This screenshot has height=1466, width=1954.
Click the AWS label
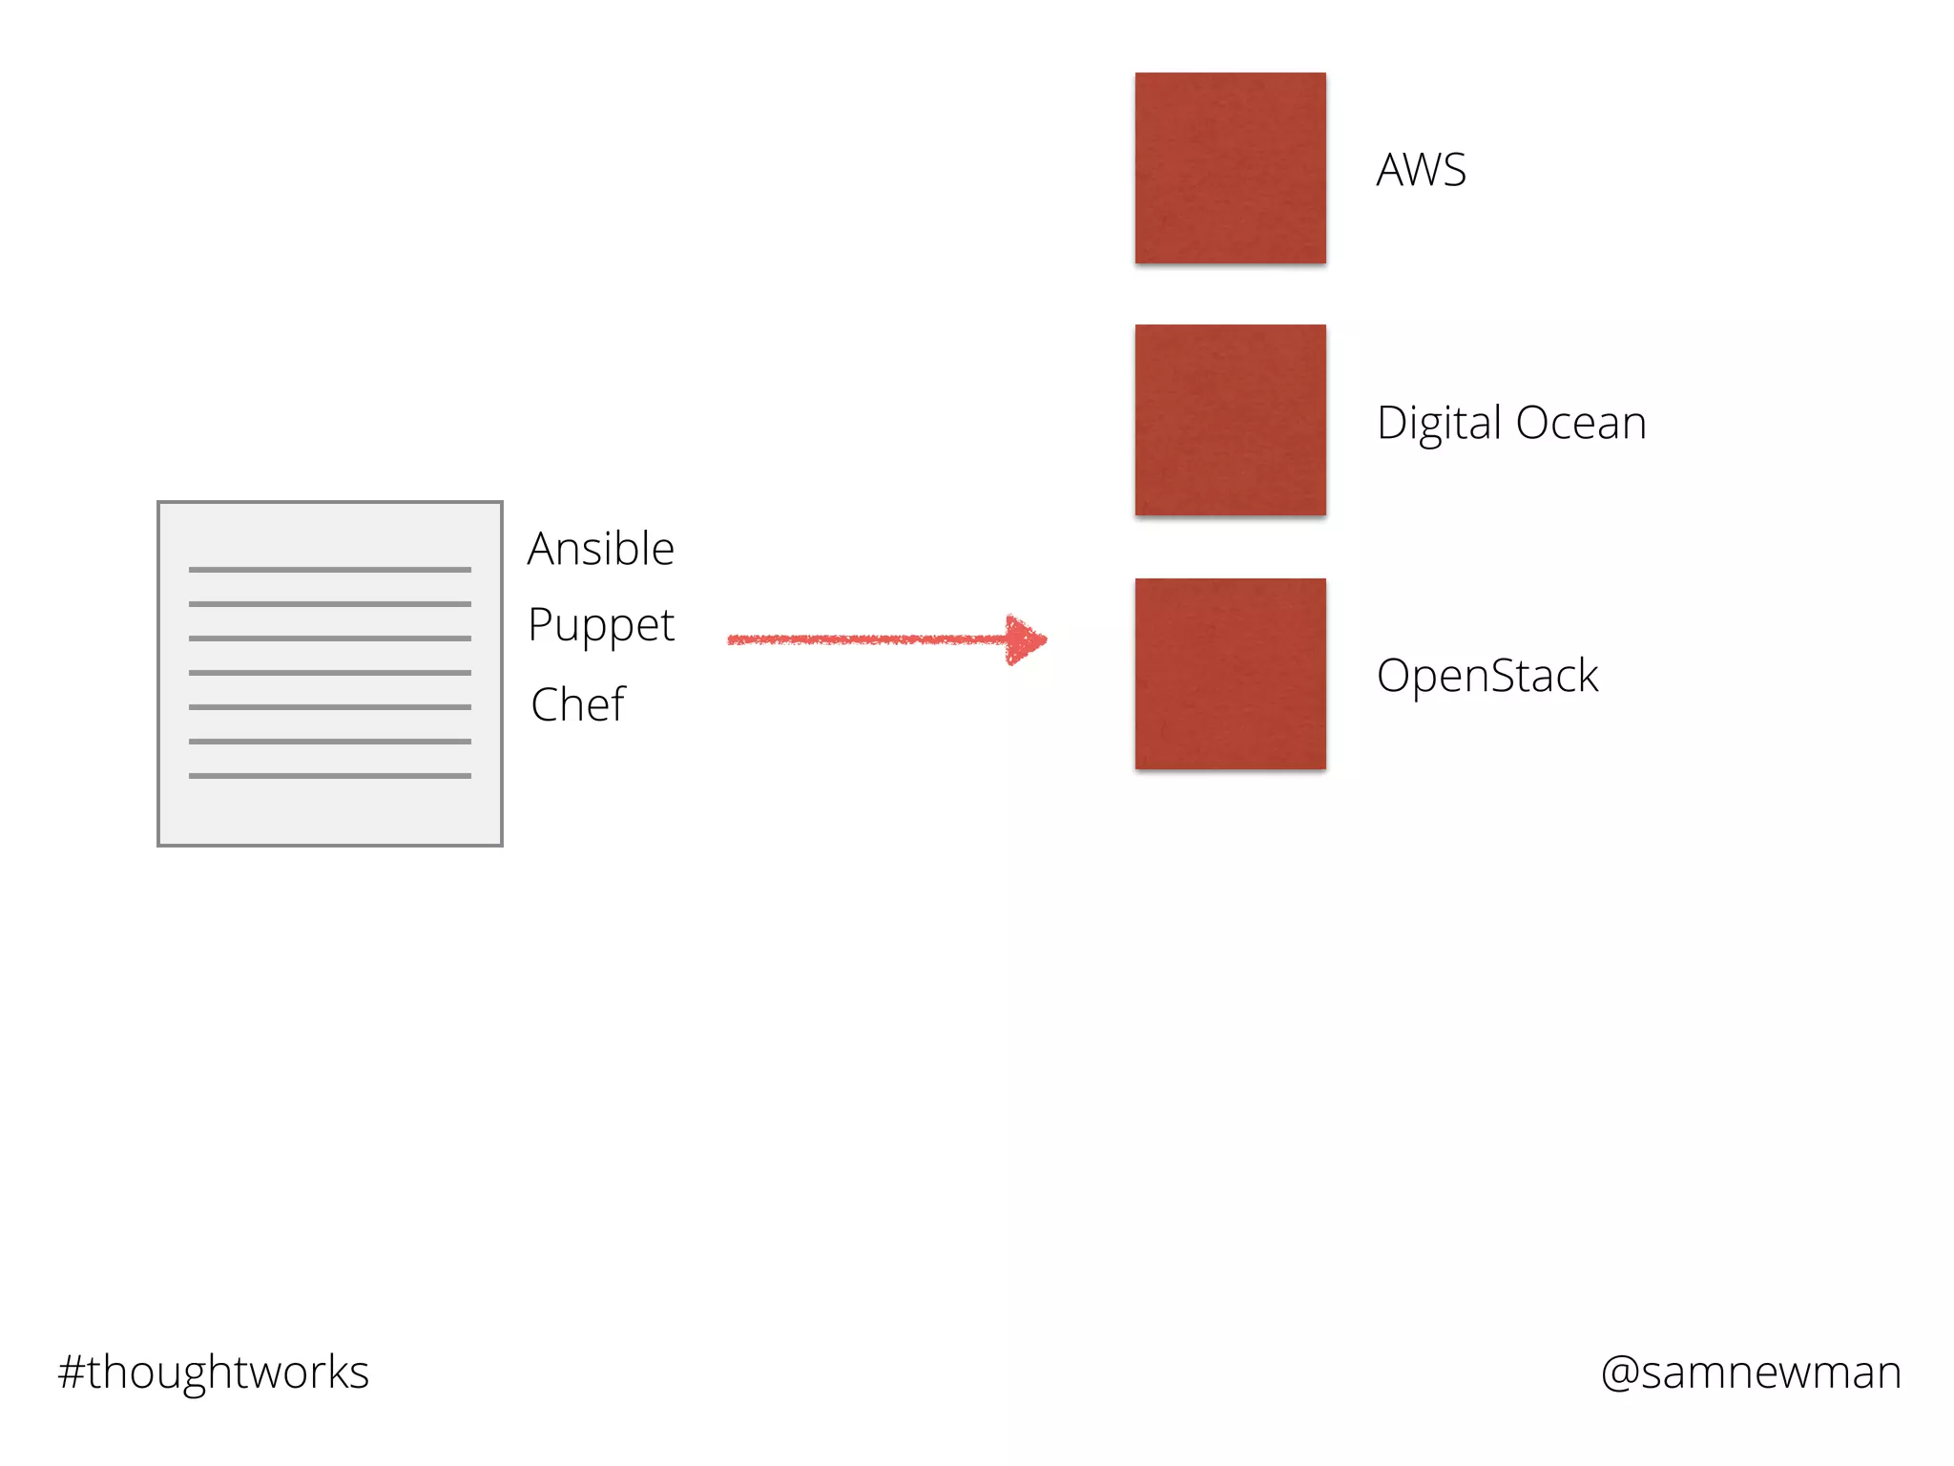click(1421, 171)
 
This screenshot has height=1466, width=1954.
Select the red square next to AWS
click(1230, 168)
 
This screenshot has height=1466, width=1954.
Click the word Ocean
click(1580, 423)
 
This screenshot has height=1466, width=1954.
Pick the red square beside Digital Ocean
click(1230, 420)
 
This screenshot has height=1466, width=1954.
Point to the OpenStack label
click(1487, 676)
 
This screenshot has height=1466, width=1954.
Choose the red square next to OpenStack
click(1230, 674)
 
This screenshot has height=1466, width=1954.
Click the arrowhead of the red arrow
click(1027, 639)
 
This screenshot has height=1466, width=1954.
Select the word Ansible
click(601, 549)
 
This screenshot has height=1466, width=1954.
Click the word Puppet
click(601, 627)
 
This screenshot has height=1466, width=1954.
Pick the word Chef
click(577, 705)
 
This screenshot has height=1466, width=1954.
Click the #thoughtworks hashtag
click(214, 1372)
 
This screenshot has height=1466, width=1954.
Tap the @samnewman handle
click(1751, 1372)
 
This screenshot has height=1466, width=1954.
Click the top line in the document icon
click(329, 570)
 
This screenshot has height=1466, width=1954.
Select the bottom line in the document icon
click(329, 776)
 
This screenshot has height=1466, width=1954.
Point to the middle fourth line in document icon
click(329, 673)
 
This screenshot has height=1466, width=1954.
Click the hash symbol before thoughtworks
click(72, 1372)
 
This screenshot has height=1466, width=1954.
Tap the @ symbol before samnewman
click(1620, 1373)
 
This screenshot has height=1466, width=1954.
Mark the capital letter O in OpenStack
click(1395, 676)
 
